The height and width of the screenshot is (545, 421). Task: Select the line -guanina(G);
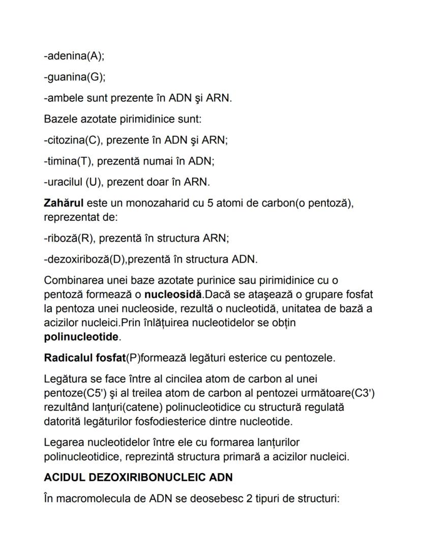point(74,78)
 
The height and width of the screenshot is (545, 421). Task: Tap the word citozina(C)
point(72,140)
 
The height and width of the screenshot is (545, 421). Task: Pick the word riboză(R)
point(69,238)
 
